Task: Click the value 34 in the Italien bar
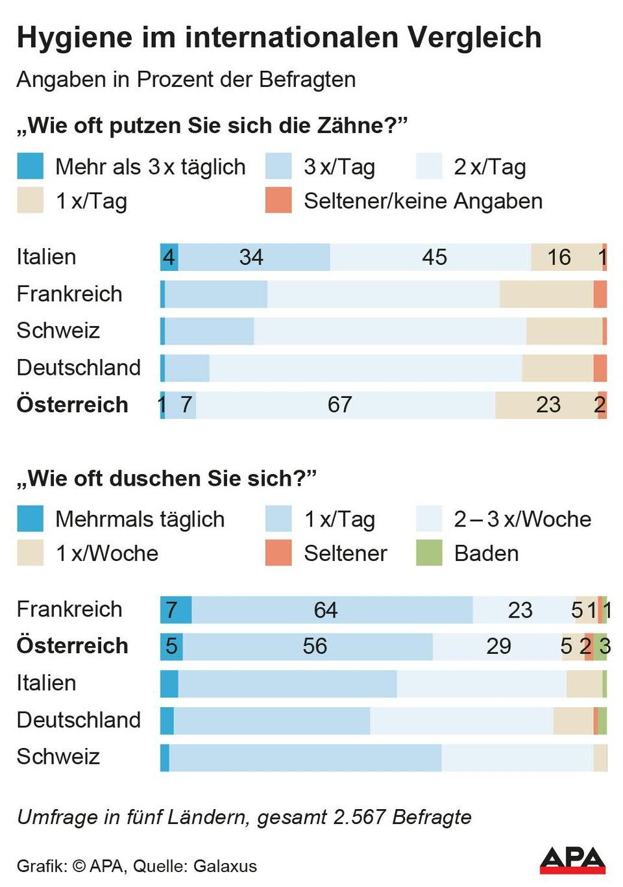tap(251, 258)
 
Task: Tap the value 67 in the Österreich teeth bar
tap(339, 405)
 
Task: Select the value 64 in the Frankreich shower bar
tap(325, 610)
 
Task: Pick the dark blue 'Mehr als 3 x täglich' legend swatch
tap(30, 166)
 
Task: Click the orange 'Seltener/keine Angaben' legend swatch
tap(278, 201)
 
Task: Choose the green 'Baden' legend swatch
tap(429, 553)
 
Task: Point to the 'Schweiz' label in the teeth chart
tap(58, 331)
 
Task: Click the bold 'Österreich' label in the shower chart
tap(72, 646)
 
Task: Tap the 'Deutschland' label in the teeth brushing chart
tap(79, 368)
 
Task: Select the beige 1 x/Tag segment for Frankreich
tap(546, 294)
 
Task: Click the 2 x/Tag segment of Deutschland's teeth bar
tap(365, 368)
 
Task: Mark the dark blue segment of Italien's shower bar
tap(169, 684)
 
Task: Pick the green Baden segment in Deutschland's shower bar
tap(603, 721)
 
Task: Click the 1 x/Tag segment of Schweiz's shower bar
tap(305, 758)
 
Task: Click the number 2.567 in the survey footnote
tap(360, 817)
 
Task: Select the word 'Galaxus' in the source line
tap(225, 866)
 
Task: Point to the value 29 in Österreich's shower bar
tap(498, 647)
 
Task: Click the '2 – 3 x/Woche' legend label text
tap(522, 519)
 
